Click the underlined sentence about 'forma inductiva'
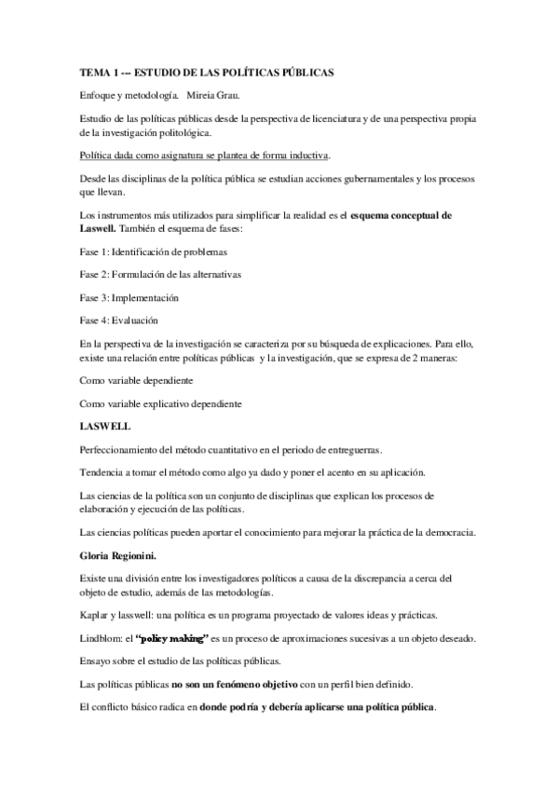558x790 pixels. (205, 154)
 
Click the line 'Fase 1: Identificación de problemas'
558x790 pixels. (153, 252)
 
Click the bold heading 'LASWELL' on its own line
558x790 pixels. (107, 427)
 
